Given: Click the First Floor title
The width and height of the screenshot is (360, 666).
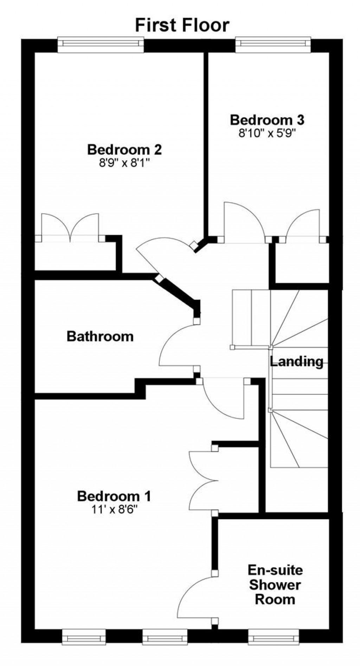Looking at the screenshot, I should coord(182,25).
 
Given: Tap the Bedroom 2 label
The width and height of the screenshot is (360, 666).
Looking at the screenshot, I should coord(124,150).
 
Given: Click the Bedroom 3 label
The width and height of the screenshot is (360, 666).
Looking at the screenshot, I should coord(267,120).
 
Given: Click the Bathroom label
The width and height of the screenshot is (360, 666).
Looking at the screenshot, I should coord(100,336).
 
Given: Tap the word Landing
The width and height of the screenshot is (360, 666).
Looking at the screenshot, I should coord(296,361).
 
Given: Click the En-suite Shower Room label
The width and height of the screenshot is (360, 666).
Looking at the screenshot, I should coord(275,584).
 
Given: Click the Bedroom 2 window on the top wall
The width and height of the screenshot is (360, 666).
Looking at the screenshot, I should coord(101,44).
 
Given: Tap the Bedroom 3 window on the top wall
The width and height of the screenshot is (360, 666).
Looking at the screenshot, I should coord(273,44).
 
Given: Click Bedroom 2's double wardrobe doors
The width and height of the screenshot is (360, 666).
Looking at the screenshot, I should coord(70,228).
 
